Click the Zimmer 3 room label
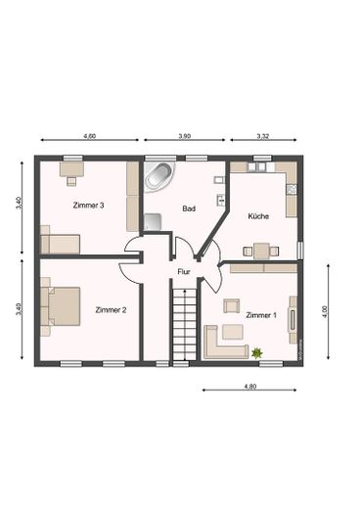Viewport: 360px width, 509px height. click(88, 206)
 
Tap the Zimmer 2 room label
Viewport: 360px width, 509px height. click(111, 309)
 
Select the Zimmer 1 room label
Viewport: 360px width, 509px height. click(261, 315)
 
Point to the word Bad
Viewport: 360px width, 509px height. click(190, 208)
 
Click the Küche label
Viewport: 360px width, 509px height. click(258, 215)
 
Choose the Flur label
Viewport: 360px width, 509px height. click(183, 271)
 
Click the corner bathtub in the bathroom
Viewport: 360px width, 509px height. click(159, 177)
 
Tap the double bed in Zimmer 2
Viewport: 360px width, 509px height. click(61, 305)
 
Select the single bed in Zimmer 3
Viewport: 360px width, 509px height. click(59, 242)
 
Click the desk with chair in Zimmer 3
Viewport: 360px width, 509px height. click(70, 172)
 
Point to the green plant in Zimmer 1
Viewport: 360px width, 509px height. click(257, 350)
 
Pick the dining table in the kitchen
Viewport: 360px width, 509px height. click(260, 251)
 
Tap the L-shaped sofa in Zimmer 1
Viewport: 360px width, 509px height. click(224, 342)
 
